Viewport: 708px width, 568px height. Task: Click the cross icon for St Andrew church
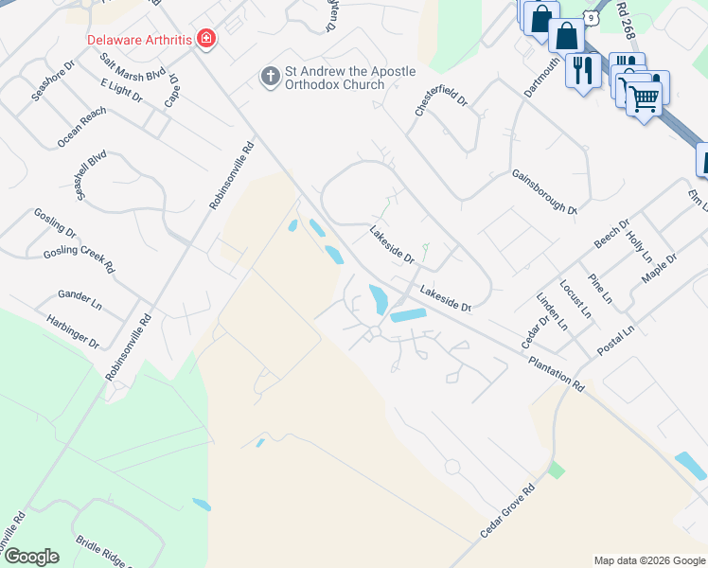[x=270, y=74]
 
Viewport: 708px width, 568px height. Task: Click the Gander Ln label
[x=80, y=301]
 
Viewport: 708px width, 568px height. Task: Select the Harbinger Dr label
[x=72, y=330]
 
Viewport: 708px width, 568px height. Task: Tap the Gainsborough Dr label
[x=544, y=192]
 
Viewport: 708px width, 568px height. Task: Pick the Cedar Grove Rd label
[x=507, y=511]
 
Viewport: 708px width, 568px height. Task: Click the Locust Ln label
[x=575, y=298]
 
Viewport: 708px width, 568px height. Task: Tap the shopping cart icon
[x=644, y=96]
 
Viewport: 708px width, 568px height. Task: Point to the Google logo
[x=30, y=557]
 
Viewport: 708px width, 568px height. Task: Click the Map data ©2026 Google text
[x=648, y=560]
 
